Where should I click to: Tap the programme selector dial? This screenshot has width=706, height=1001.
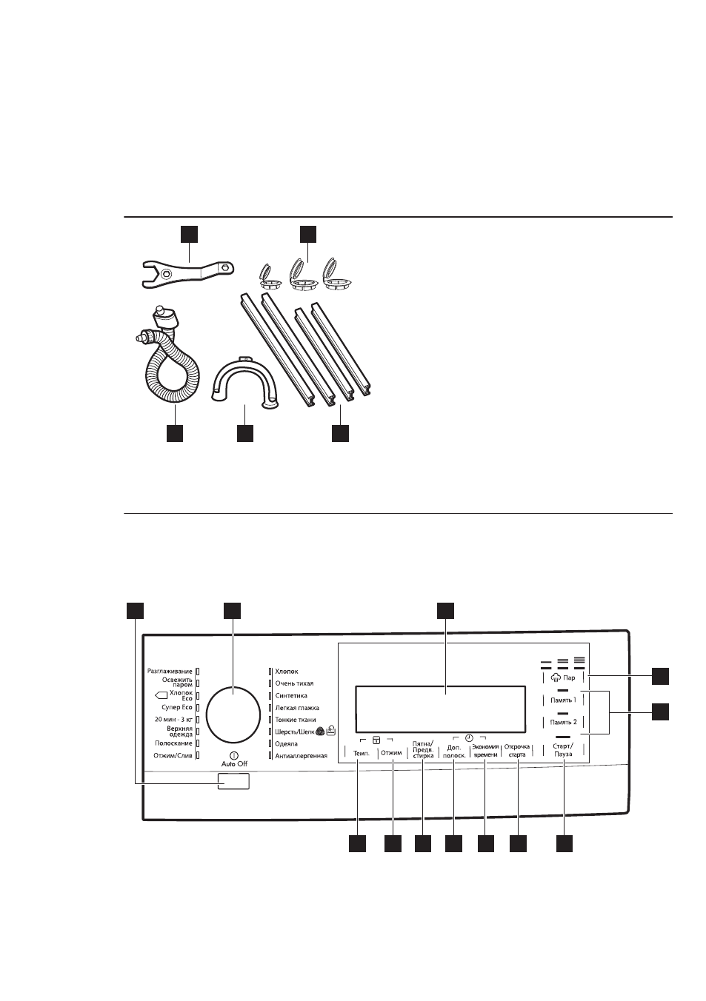coord(233,714)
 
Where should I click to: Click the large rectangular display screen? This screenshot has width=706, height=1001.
coord(440,709)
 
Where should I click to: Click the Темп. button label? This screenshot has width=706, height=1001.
coord(362,753)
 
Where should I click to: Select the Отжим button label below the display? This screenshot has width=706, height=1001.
coord(391,753)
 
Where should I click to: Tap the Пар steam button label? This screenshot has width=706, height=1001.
coord(569,678)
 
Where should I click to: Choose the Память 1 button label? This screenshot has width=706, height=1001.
coord(563,700)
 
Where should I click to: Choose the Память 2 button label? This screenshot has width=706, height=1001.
coord(563,722)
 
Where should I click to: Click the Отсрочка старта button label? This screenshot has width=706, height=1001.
coord(517,751)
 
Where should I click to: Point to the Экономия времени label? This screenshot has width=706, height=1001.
coord(485,751)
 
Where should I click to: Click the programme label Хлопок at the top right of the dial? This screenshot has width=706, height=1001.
coord(287,672)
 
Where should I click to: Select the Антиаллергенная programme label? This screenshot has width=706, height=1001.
coord(301,756)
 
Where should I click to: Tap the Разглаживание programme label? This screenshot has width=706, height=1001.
coord(170,672)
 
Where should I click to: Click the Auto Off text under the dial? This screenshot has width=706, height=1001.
coord(234,764)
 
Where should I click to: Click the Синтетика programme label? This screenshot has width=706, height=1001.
coord(291,696)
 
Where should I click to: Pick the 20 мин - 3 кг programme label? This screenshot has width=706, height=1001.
coord(173,720)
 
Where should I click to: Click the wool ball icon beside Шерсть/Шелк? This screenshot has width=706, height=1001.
coord(320,731)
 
